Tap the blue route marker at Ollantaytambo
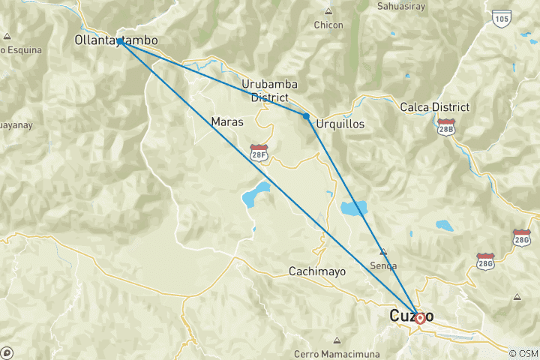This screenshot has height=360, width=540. [x=120, y=42]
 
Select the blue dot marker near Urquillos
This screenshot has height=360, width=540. [x=306, y=115]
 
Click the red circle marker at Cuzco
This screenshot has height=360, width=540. [x=420, y=318]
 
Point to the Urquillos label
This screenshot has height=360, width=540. [x=340, y=123]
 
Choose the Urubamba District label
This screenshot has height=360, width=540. [x=265, y=90]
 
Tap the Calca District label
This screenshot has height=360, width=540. [x=435, y=107]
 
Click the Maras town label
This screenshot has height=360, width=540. [x=227, y=121]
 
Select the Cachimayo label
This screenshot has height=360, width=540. [x=317, y=271]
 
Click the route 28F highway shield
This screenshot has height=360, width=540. [x=259, y=153]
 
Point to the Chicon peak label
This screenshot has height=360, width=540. [x=328, y=25]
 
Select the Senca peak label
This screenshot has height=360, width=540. [x=383, y=265]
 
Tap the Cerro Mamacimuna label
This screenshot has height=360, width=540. [x=337, y=353]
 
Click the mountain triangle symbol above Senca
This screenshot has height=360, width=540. [x=383, y=252]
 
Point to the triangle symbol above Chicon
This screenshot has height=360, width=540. [x=328, y=11]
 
